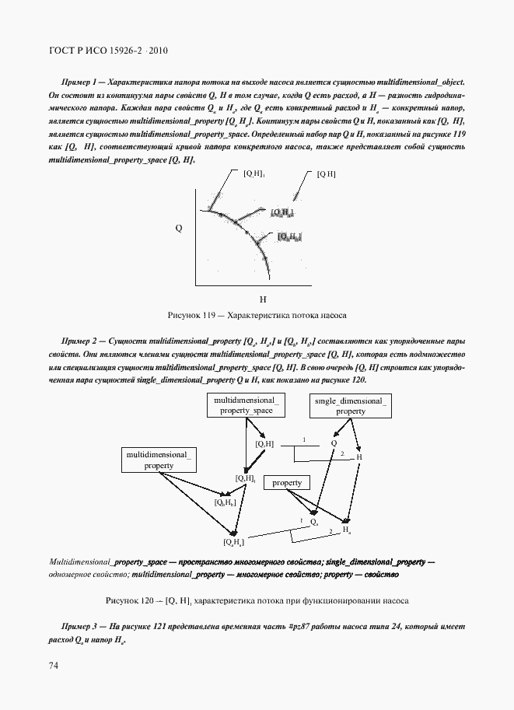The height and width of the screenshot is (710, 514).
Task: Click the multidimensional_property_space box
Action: (x=246, y=404)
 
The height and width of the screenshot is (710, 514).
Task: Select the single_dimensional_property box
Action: (x=351, y=404)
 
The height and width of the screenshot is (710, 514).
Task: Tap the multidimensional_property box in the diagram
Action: (x=158, y=459)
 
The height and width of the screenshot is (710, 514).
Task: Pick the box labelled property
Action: (x=287, y=483)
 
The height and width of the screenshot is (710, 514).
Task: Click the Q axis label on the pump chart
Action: (x=178, y=229)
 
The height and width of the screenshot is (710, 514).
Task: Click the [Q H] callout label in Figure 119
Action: (x=326, y=174)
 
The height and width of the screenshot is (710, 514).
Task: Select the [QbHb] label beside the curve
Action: (x=289, y=236)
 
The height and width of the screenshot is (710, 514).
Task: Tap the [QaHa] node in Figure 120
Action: (x=234, y=541)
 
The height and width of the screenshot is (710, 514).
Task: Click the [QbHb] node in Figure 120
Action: (x=225, y=503)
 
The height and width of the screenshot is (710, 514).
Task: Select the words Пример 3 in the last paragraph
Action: (x=79, y=627)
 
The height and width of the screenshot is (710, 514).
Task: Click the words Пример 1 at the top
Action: (x=79, y=82)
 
